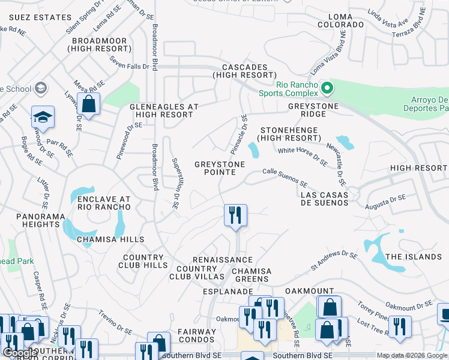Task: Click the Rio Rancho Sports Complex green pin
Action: tap(327, 89)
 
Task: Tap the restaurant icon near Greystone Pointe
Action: tap(235, 215)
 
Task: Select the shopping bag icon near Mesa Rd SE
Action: tap(89, 104)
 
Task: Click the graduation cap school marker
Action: tap(43, 117)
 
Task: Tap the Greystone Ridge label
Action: tap(313, 110)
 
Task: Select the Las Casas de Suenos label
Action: tap(324, 199)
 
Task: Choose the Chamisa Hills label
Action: tap(110, 239)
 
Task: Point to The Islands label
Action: tap(413, 257)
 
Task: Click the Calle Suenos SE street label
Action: tap(285, 178)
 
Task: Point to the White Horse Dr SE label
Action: tap(303, 155)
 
